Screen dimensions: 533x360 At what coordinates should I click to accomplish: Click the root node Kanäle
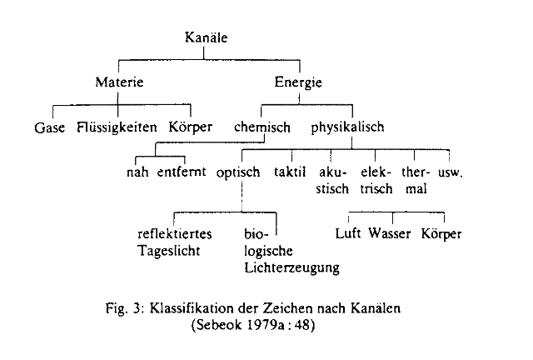click(x=206, y=37)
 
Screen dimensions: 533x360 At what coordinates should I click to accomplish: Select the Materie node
click(x=119, y=82)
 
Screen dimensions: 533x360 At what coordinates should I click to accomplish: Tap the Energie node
click(x=298, y=82)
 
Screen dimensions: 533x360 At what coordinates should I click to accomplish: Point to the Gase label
click(x=50, y=127)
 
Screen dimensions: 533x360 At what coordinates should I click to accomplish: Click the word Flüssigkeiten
click(x=117, y=127)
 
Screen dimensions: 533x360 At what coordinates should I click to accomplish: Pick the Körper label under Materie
click(x=191, y=127)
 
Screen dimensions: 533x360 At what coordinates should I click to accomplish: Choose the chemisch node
click(x=262, y=127)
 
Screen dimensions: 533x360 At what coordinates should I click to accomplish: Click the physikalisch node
click(x=348, y=127)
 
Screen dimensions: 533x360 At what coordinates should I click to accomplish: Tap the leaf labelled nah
click(x=137, y=172)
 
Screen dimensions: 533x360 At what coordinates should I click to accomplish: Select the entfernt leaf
click(x=182, y=172)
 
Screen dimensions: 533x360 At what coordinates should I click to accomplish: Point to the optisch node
click(x=238, y=172)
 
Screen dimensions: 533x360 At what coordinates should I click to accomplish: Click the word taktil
click(x=290, y=172)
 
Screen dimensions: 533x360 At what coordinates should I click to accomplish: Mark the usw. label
click(x=451, y=172)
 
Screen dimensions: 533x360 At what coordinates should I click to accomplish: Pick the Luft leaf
click(x=348, y=233)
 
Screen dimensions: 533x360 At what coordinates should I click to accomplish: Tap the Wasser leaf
click(x=390, y=233)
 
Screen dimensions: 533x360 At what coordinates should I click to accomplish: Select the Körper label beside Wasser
click(x=441, y=234)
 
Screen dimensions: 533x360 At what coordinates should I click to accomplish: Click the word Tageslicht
click(x=168, y=251)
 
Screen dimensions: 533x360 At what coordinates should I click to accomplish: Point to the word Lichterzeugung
click(x=291, y=267)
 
